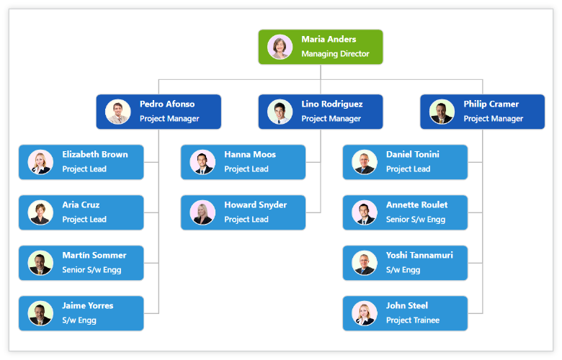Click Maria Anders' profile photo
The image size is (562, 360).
tap(280, 47)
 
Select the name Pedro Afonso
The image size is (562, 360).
tap(167, 104)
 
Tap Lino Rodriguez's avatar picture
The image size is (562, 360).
tap(280, 112)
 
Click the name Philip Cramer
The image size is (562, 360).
tap(491, 104)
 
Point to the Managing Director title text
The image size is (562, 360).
tap(335, 54)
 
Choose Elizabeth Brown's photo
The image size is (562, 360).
tap(40, 162)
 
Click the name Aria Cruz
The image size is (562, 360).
tap(81, 205)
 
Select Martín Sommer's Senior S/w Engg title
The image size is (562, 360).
tap(92, 270)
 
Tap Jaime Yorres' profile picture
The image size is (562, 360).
tap(40, 313)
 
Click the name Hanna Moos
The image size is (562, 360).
tap(249, 155)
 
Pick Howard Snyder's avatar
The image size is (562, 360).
tap(202, 212)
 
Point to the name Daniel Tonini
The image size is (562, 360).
tap(412, 155)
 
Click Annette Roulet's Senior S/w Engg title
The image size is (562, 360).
tap(416, 220)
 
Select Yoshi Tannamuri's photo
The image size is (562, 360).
tap(365, 263)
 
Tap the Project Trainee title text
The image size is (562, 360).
tap(412, 320)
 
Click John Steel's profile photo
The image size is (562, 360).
tap(365, 313)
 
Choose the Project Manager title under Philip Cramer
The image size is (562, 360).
tap(493, 119)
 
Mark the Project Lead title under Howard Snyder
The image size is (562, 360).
tap(246, 220)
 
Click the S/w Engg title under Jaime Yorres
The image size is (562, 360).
tap(79, 320)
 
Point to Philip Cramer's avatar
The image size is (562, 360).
tap(442, 112)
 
